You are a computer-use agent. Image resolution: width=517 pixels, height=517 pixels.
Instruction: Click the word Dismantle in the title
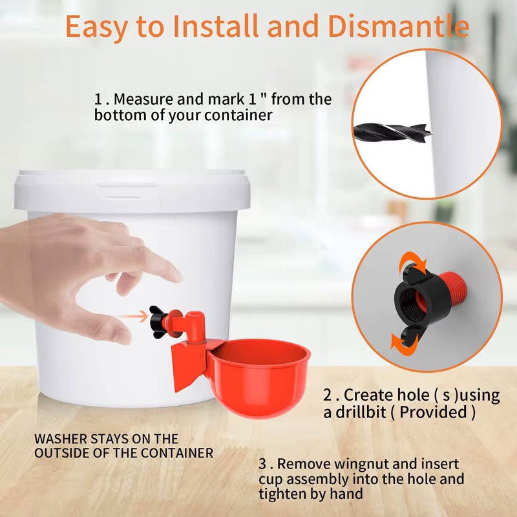(398, 27)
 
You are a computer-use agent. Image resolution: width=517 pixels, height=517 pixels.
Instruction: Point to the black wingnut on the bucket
(158, 317)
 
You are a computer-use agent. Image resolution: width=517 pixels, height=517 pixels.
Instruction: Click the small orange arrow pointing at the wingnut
(134, 317)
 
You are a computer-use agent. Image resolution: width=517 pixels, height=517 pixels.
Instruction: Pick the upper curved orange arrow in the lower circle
(409, 266)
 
